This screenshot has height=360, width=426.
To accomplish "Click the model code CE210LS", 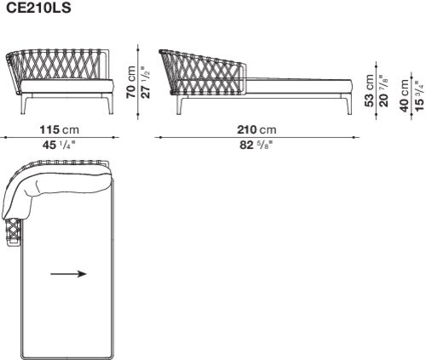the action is click(38, 8).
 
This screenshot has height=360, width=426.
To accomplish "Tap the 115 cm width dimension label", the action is click(59, 130).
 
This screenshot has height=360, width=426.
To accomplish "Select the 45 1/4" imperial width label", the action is click(59, 145).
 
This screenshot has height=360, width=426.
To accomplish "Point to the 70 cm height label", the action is click(131, 82).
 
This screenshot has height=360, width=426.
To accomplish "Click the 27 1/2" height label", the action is click(146, 83).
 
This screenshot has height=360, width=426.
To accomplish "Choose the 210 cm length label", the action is click(256, 130).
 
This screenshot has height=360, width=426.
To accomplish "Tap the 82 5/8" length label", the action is click(256, 145).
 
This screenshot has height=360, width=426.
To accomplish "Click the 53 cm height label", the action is click(369, 90).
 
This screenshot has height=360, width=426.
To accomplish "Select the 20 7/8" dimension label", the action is click(383, 90).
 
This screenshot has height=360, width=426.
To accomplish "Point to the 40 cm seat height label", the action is click(405, 96).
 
